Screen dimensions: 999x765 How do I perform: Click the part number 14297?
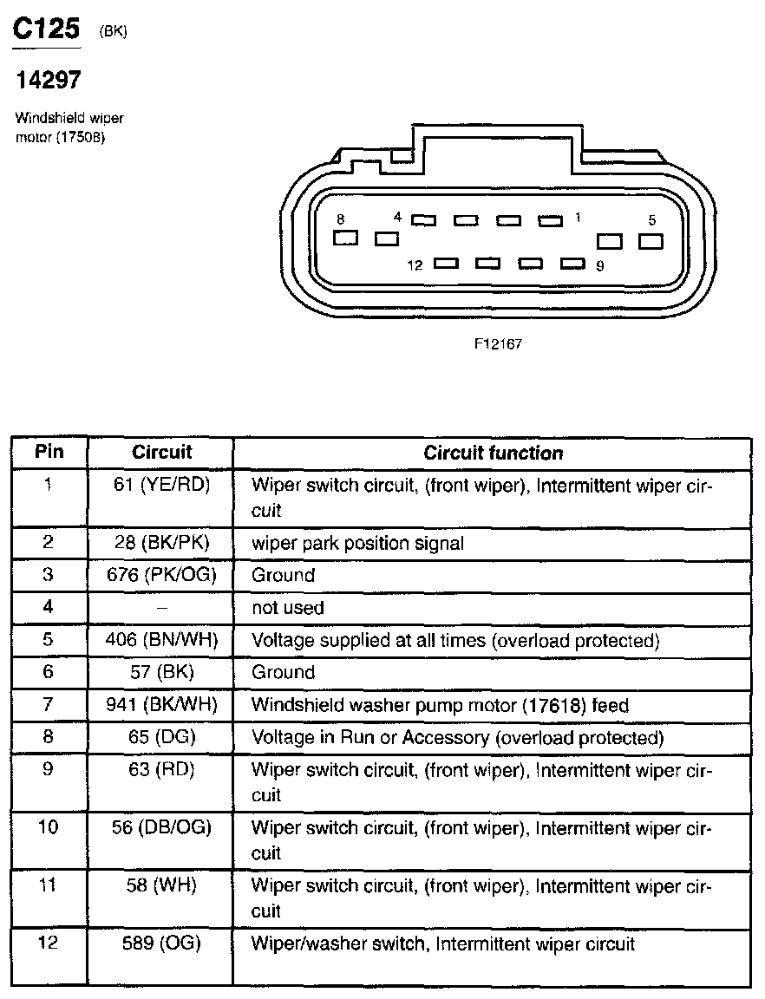(x=49, y=81)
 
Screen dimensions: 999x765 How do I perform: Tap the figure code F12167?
(x=497, y=343)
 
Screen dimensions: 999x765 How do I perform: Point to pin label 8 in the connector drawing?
(x=341, y=219)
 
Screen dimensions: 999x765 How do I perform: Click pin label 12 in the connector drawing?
(x=415, y=265)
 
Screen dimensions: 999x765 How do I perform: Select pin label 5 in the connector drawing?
(x=651, y=220)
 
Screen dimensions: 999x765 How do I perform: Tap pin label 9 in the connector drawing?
(x=600, y=265)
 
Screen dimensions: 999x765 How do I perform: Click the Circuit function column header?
(x=493, y=453)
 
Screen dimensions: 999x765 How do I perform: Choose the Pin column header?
(x=49, y=452)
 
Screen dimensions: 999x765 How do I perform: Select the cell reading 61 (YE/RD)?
(x=161, y=485)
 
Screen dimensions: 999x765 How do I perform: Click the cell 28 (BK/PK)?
(x=161, y=544)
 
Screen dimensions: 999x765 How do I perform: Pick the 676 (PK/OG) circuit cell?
(x=161, y=575)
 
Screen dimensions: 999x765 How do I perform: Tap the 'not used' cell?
(x=287, y=608)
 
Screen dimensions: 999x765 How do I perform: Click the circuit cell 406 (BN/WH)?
(x=161, y=641)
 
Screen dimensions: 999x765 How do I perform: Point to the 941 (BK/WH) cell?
(x=161, y=705)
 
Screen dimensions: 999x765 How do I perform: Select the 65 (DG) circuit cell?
(x=161, y=737)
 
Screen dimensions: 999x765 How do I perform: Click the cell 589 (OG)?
(x=161, y=943)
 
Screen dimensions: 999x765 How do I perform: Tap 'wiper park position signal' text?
(x=357, y=544)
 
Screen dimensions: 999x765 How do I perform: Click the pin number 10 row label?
(x=49, y=827)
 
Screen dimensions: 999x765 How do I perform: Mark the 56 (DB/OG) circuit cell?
(x=161, y=827)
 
